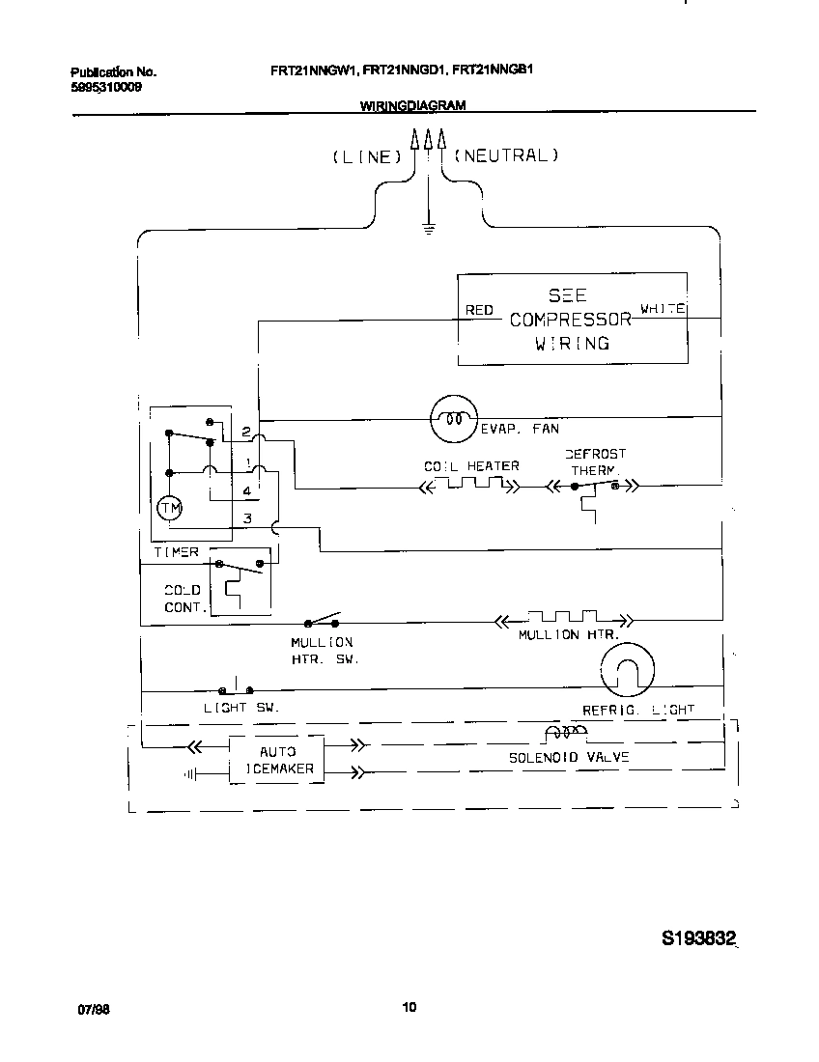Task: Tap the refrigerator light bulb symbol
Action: pos(626,670)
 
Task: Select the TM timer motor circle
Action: pos(169,509)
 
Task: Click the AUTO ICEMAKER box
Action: pos(277,760)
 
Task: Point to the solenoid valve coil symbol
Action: pos(565,736)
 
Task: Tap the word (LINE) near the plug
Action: pos(366,156)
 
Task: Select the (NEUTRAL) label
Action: pos(506,154)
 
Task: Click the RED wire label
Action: pos(480,310)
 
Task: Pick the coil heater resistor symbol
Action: pos(471,485)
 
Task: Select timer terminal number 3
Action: pos(247,519)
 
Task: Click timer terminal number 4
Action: pos(247,491)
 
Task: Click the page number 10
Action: pos(409,1008)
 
